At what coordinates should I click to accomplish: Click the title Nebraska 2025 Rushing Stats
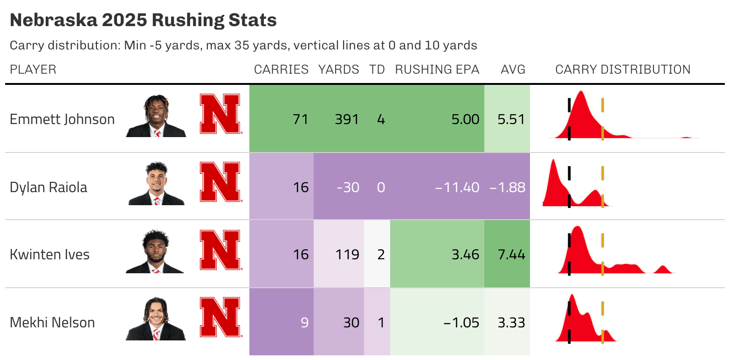click(x=143, y=21)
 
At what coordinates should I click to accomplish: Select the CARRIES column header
click(x=281, y=69)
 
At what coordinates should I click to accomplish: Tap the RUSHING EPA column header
click(x=437, y=69)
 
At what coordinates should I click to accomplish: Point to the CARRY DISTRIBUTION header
click(x=623, y=69)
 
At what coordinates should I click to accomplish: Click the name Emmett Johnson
click(x=62, y=119)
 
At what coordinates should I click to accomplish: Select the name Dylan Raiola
click(x=48, y=187)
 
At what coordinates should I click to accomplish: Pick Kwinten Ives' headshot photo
click(x=155, y=251)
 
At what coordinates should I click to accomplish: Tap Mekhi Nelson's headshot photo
click(x=155, y=319)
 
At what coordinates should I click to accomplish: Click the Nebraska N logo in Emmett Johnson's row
click(x=220, y=114)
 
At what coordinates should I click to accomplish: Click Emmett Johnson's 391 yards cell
click(x=347, y=119)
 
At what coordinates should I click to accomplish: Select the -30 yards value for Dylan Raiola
click(x=348, y=187)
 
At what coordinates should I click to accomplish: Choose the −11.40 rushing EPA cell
click(x=457, y=187)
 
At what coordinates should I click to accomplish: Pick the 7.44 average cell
click(x=511, y=255)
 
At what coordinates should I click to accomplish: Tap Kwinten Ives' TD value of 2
click(x=380, y=255)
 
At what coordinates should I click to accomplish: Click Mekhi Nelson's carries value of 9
click(x=304, y=323)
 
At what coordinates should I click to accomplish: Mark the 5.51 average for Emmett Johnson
click(x=511, y=119)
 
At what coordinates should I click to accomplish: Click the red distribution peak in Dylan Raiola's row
click(x=553, y=177)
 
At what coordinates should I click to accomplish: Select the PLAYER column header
click(x=33, y=69)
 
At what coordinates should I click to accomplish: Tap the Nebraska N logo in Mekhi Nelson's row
click(x=220, y=317)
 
